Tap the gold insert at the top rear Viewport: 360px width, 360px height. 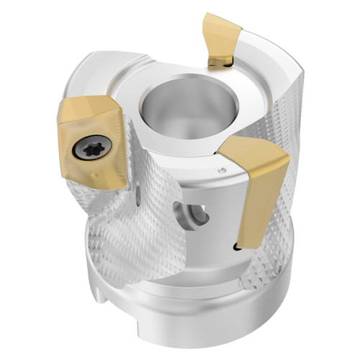222,36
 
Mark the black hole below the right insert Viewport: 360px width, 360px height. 238,248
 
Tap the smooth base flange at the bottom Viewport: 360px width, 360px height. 180,317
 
